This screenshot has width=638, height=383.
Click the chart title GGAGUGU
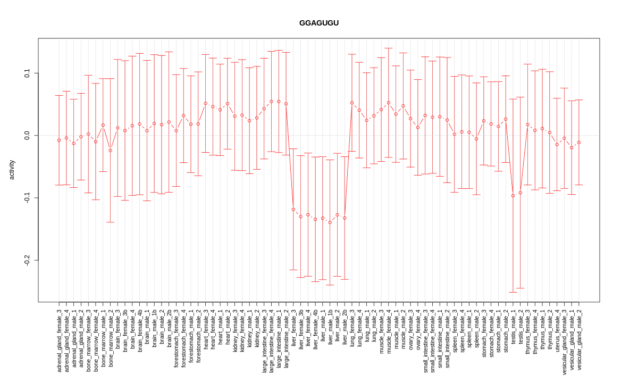click(318, 23)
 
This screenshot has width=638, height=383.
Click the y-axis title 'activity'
click(12, 170)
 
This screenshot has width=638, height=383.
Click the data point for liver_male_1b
click(330, 222)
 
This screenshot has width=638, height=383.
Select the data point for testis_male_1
click(513, 196)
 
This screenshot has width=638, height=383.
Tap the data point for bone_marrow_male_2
click(110, 151)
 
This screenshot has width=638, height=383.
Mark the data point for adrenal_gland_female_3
click(59, 140)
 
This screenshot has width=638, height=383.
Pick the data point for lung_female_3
click(352, 103)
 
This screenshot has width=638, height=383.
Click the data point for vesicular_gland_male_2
click(579, 143)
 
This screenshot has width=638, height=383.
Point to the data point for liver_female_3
click(293, 210)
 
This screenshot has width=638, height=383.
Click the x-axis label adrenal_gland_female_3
click(59, 340)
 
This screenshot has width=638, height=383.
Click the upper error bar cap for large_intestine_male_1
click(279, 51)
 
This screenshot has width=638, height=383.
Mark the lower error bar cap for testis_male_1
click(513, 292)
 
